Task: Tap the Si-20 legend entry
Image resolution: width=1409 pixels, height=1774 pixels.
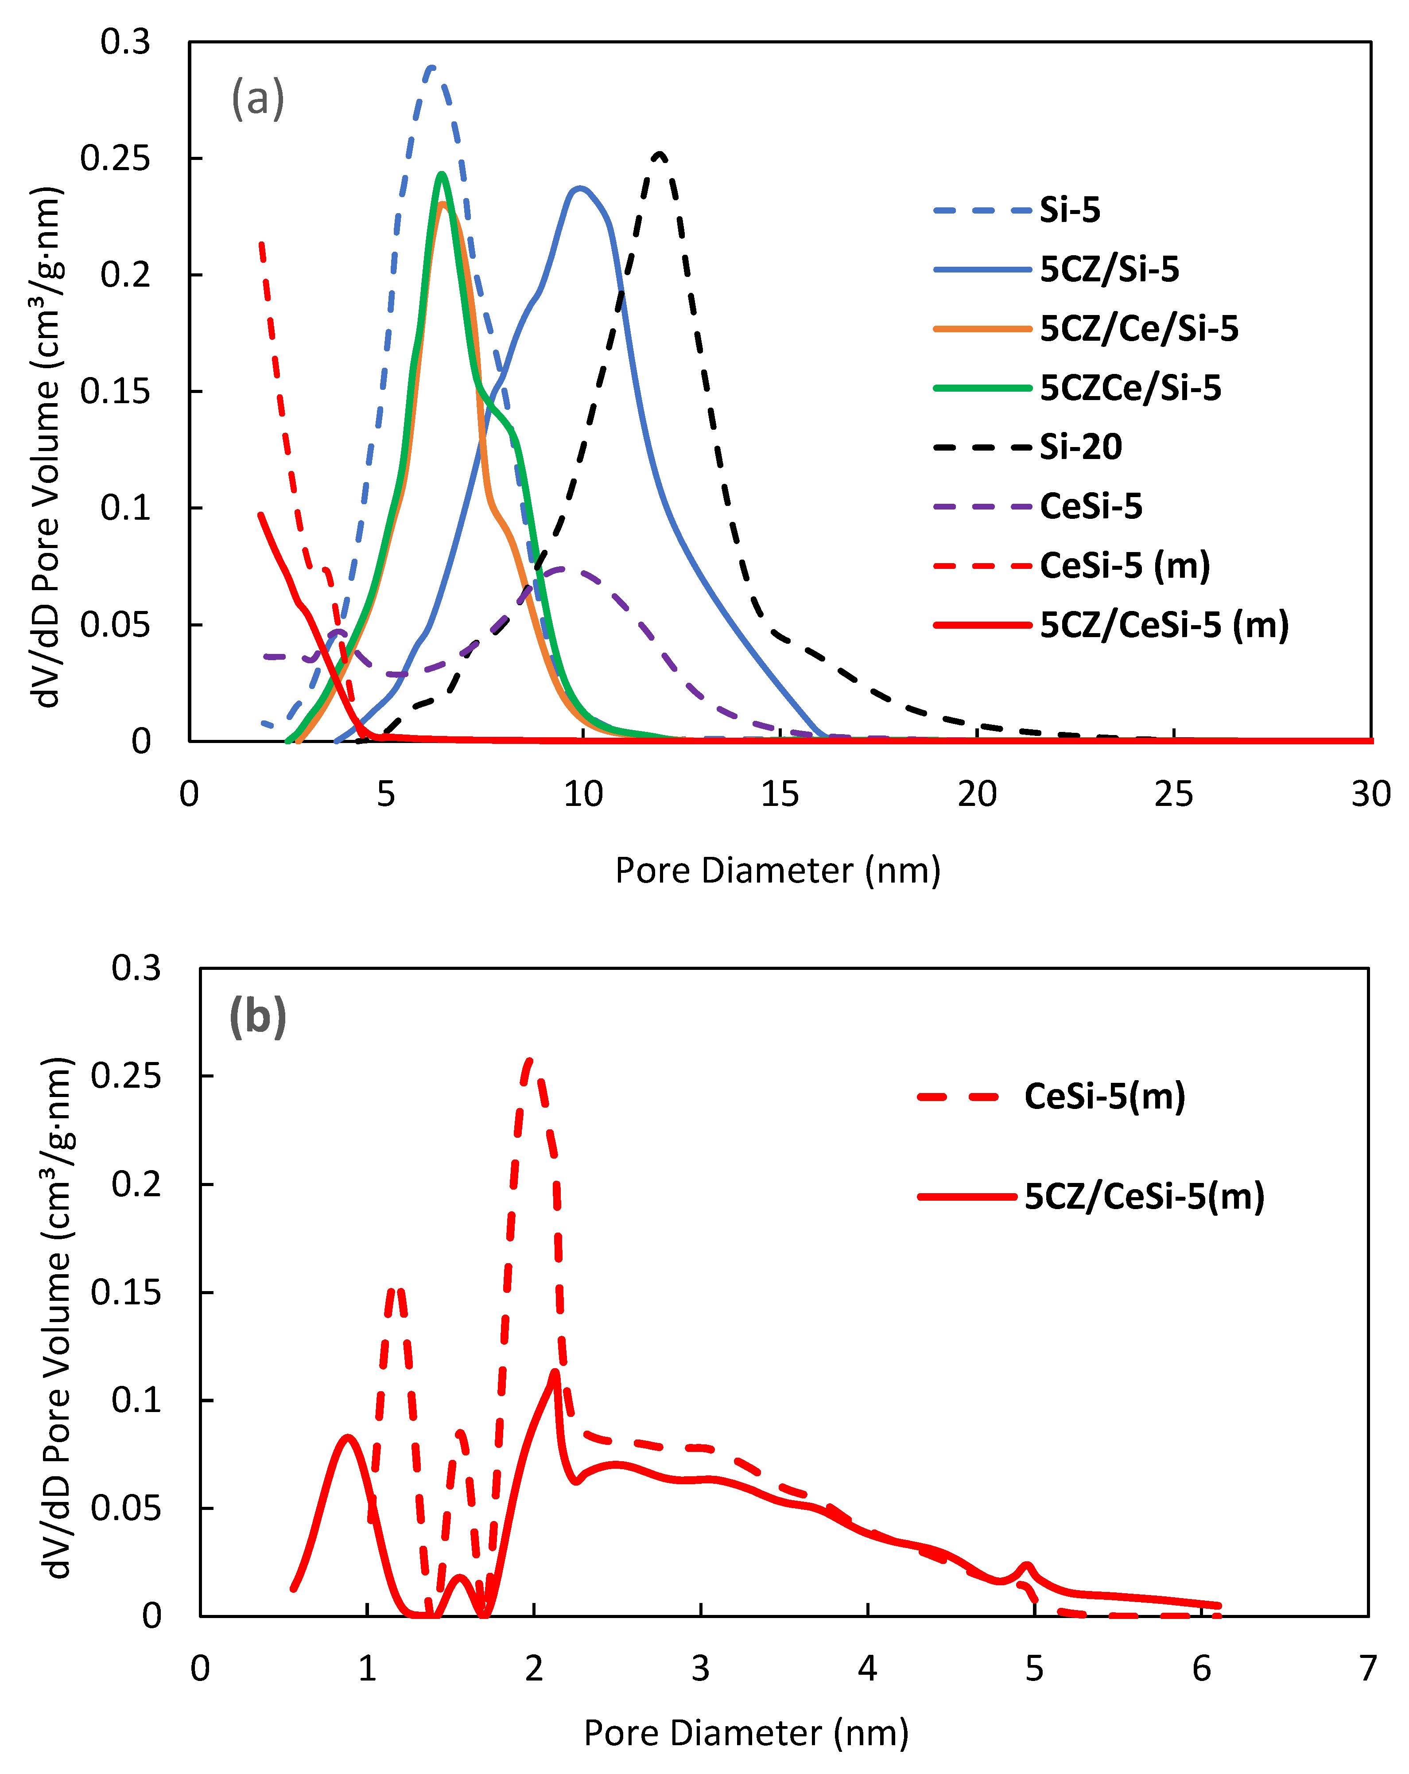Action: pos(1080,447)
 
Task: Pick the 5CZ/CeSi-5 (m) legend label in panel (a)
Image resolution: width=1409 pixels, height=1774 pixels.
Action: pos(1163,625)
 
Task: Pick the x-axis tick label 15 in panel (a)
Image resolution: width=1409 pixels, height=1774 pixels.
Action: pos(779,794)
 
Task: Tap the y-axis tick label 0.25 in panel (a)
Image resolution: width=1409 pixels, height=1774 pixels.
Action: pos(115,158)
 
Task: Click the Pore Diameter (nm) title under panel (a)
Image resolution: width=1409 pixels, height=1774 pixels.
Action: pos(777,871)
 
